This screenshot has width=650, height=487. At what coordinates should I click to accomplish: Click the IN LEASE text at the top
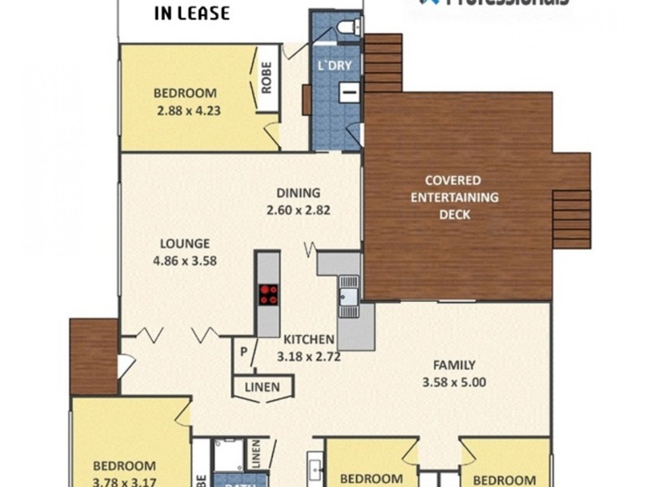click(x=192, y=13)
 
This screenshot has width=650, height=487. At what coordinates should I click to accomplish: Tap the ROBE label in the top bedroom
click(x=266, y=80)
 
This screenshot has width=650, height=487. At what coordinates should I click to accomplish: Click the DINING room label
click(x=298, y=193)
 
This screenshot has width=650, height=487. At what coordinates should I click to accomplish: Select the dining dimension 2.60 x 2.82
click(x=298, y=209)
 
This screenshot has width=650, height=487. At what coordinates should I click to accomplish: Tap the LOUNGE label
click(x=185, y=243)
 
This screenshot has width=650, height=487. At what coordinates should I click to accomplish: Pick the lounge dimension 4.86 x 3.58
click(x=185, y=261)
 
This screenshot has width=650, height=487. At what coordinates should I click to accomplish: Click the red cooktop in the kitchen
click(x=267, y=294)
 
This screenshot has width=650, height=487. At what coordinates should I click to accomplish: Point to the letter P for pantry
click(x=243, y=351)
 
